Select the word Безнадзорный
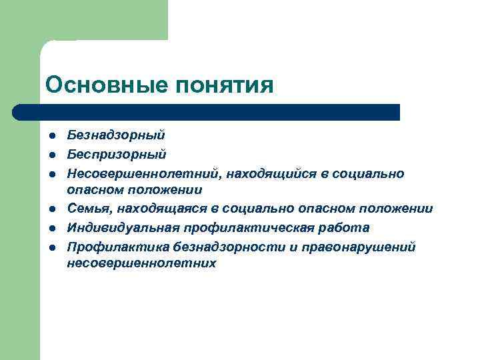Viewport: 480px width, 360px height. [116, 135]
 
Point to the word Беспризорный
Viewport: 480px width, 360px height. [117, 155]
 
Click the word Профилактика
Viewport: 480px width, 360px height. [117, 247]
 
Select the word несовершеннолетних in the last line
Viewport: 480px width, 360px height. [141, 263]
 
